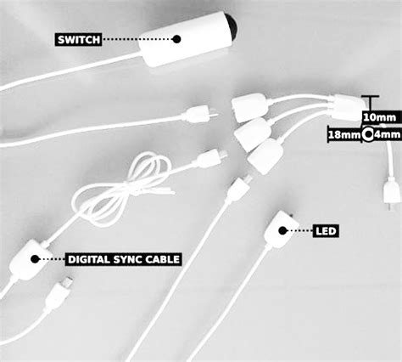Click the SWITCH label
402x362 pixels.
click(78, 39)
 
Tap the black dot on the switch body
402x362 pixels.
click(176, 39)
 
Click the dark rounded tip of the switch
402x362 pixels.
click(232, 26)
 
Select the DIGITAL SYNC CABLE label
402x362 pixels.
click(124, 259)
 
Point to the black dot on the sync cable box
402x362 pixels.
click(35, 258)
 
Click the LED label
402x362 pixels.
click(326, 231)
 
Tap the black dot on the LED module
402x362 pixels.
click(282, 230)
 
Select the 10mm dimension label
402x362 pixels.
click(379, 117)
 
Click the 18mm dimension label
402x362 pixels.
click(344, 134)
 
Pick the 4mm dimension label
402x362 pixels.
click(388, 134)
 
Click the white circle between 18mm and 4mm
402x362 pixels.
click(368, 134)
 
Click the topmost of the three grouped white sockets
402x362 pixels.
click(249, 107)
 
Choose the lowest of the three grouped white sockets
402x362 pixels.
click(265, 156)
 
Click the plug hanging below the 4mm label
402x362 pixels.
click(391, 193)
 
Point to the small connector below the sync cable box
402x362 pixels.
click(58, 293)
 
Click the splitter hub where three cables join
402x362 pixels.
click(348, 105)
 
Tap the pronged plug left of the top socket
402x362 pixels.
click(199, 114)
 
